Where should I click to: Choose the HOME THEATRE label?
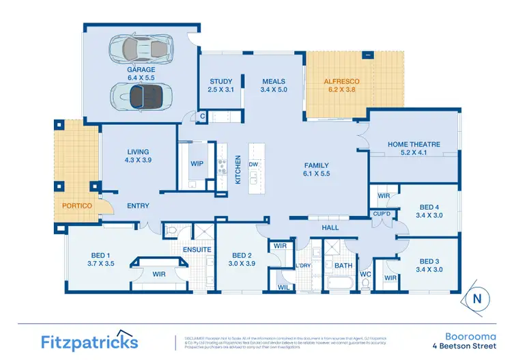coord(414,149)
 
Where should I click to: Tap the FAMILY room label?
coord(317,169)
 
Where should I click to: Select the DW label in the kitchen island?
coord(253,165)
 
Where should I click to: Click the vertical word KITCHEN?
coord(238,170)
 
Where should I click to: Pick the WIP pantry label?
coord(197,164)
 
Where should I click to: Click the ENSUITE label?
coord(197,249)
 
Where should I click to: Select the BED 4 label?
coord(429,210)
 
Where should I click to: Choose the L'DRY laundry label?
coord(303,265)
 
